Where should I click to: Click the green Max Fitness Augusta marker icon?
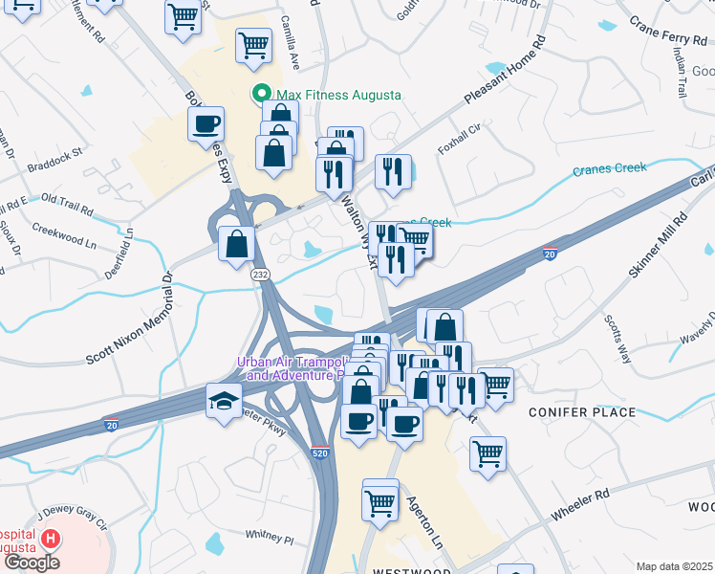click(259, 95)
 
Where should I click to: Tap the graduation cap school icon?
click(225, 400)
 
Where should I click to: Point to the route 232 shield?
click(260, 275)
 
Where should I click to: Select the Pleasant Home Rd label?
click(505, 73)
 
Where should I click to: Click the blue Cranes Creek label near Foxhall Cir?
click(610, 170)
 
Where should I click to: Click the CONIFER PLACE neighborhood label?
click(582, 412)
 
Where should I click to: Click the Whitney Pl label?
click(270, 539)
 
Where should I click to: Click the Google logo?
click(32, 563)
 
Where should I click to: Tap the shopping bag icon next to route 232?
click(236, 244)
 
